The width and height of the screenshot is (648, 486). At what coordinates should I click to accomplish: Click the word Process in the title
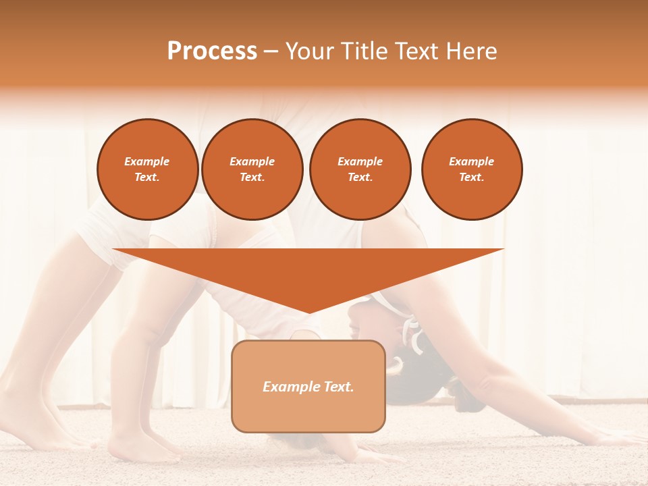(x=212, y=51)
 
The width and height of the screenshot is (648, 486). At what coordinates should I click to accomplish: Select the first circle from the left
(x=148, y=169)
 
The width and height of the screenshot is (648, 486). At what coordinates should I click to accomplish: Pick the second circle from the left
(x=252, y=169)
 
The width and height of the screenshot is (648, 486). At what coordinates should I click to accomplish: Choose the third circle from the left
(x=360, y=169)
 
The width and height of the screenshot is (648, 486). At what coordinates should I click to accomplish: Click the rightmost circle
(x=472, y=169)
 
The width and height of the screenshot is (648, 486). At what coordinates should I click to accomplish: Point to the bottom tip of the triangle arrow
(x=308, y=313)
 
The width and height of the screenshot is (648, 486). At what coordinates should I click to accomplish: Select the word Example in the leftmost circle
(x=147, y=162)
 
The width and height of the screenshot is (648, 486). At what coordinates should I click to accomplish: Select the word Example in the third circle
(x=360, y=162)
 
